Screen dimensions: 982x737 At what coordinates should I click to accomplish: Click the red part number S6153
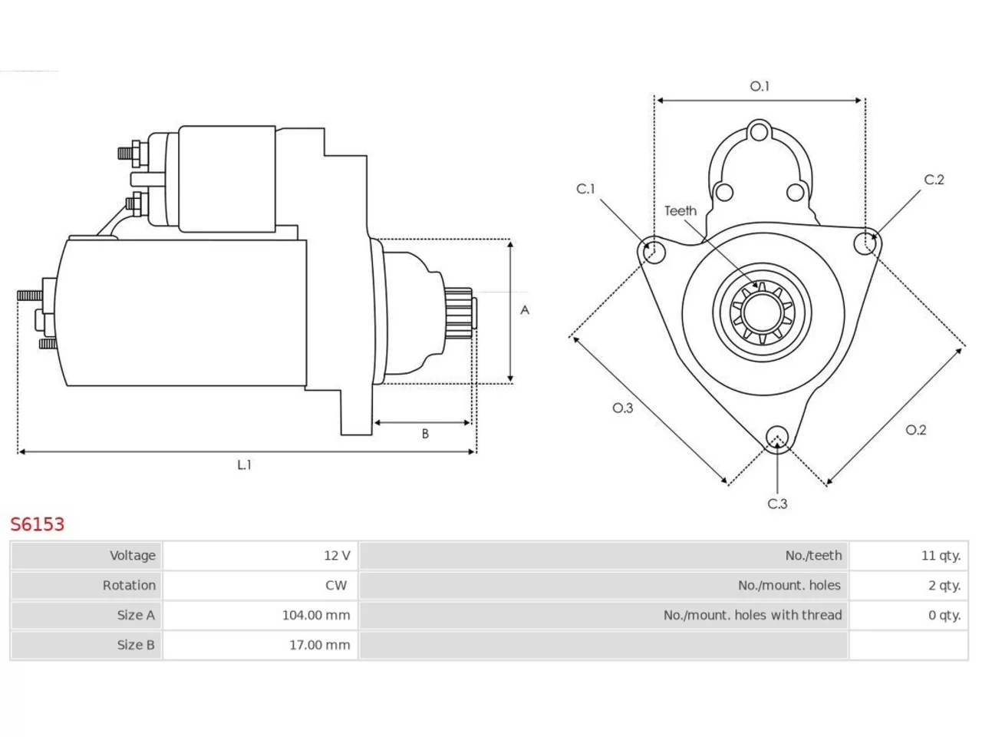(x=38, y=524)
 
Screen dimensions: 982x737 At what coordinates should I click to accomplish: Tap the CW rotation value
(x=336, y=585)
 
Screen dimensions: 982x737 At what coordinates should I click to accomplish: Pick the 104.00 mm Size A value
(x=316, y=615)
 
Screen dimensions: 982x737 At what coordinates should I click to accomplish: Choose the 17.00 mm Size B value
(x=319, y=645)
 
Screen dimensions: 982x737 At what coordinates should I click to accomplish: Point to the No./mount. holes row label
(x=789, y=585)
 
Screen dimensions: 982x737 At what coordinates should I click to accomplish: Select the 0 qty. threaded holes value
(x=944, y=615)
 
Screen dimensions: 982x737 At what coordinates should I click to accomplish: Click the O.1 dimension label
(x=760, y=86)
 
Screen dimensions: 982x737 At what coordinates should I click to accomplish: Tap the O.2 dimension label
(x=916, y=430)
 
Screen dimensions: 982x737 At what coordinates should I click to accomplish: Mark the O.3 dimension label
(x=623, y=408)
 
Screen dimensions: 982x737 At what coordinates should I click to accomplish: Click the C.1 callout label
(x=585, y=189)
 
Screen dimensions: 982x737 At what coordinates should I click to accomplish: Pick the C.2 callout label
(x=934, y=180)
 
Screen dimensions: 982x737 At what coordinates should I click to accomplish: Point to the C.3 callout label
(x=777, y=504)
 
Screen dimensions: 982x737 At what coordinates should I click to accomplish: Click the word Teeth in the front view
(x=680, y=211)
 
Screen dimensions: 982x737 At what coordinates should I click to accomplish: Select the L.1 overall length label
(x=244, y=465)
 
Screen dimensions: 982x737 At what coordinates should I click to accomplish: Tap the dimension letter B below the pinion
(x=425, y=434)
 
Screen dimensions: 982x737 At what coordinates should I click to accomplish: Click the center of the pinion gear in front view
(x=762, y=312)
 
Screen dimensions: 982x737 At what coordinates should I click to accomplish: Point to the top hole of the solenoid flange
(x=760, y=133)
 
